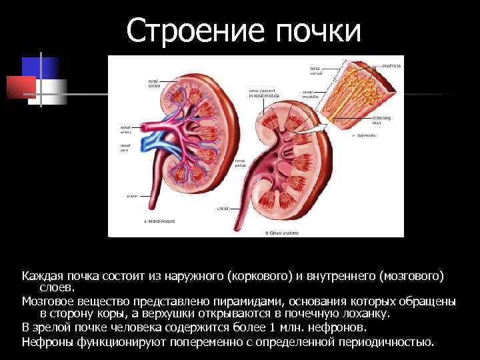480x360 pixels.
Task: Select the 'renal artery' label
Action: [125, 129]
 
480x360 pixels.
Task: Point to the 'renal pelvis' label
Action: [241, 163]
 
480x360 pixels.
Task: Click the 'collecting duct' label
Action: [381, 120]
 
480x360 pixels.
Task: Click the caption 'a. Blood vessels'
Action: [159, 221]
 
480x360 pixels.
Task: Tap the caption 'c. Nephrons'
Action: [363, 135]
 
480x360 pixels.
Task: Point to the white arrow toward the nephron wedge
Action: [325, 126]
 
